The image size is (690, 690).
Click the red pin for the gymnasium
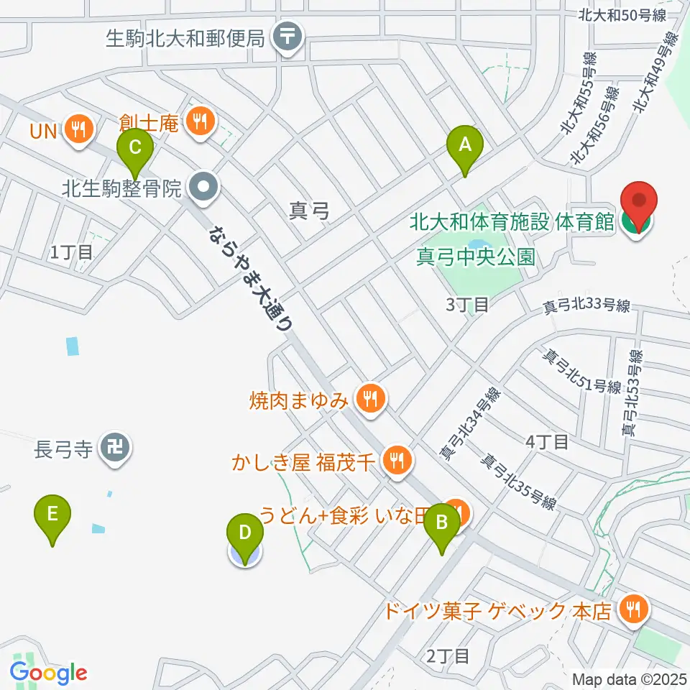click(639, 208)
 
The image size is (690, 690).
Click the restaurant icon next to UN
click(76, 129)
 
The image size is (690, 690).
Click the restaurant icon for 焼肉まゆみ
click(371, 396)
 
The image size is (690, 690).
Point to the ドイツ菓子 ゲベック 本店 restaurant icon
click(633, 610)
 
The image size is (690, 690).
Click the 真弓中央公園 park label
click(476, 257)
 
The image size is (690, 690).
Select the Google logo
click(49, 673)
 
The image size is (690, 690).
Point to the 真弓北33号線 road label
click(586, 307)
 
